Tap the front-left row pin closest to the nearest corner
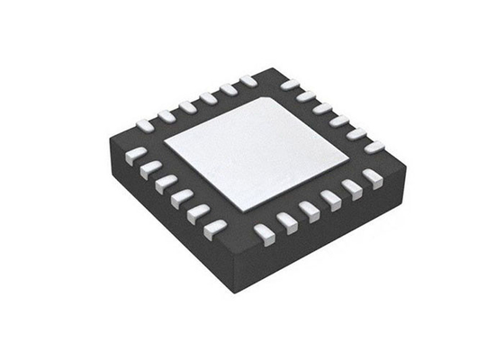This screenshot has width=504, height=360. tap(214, 229)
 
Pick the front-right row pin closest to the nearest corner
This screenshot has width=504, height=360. tap(265, 233)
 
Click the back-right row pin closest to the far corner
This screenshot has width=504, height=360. tap(290, 85)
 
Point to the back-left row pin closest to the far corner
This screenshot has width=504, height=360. tap(247, 82)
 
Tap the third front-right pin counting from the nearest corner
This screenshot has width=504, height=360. tap(309, 211)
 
